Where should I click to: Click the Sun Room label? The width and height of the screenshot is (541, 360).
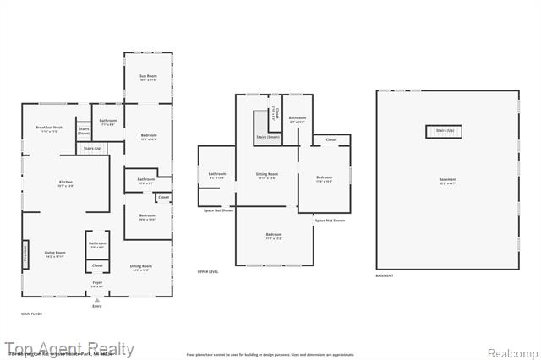click(x=148, y=78)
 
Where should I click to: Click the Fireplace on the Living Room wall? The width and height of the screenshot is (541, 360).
click(x=25, y=252)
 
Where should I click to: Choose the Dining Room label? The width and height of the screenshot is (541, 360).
click(x=140, y=268)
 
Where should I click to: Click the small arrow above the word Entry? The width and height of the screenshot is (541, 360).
click(x=97, y=298)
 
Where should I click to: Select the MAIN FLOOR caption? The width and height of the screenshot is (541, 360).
click(x=31, y=314)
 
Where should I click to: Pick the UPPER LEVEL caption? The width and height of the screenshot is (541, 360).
click(x=208, y=272)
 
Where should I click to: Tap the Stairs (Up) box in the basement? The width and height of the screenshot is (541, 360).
click(x=445, y=131)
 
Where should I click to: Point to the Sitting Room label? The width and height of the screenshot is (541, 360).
click(x=266, y=176)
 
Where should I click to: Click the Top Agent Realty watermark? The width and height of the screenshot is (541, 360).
click(x=69, y=348)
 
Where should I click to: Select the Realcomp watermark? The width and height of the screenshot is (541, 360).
click(x=510, y=351)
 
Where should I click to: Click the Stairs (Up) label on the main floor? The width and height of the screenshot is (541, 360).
click(x=92, y=149)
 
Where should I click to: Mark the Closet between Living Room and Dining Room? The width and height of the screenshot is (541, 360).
click(x=97, y=265)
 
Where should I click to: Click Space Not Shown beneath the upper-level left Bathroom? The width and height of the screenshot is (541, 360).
click(x=218, y=210)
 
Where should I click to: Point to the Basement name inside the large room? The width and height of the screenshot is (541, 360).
click(x=447, y=180)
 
